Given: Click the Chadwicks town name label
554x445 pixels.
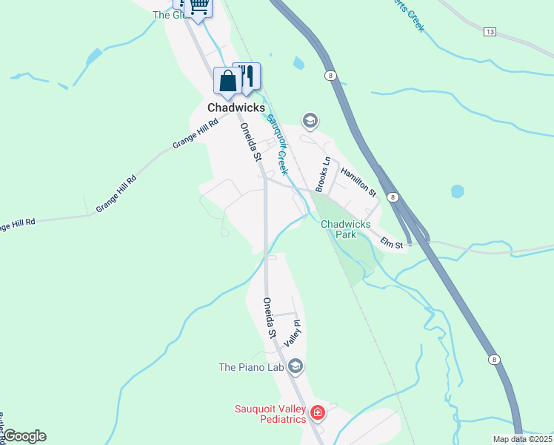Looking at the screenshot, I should click(237, 108).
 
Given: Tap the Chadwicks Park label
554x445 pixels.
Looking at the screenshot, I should click(338, 229).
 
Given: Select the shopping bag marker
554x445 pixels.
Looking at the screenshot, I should click(227, 80).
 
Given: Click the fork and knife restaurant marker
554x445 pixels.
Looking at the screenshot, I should click(247, 75).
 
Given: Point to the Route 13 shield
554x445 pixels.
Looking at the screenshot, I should click(490, 32).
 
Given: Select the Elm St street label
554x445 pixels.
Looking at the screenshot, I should click(391, 242).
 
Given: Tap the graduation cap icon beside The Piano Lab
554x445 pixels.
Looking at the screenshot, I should click(296, 366).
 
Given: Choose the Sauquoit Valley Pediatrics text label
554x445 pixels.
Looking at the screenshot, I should click(270, 413).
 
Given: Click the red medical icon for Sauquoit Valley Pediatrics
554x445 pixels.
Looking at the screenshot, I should click(318, 412).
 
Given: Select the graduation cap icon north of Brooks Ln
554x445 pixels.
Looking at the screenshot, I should click(310, 120).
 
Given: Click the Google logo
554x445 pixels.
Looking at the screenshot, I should click(24, 436).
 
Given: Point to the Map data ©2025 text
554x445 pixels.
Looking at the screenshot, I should click(522, 439).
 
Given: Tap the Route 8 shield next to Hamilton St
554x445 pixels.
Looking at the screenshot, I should click(393, 197).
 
